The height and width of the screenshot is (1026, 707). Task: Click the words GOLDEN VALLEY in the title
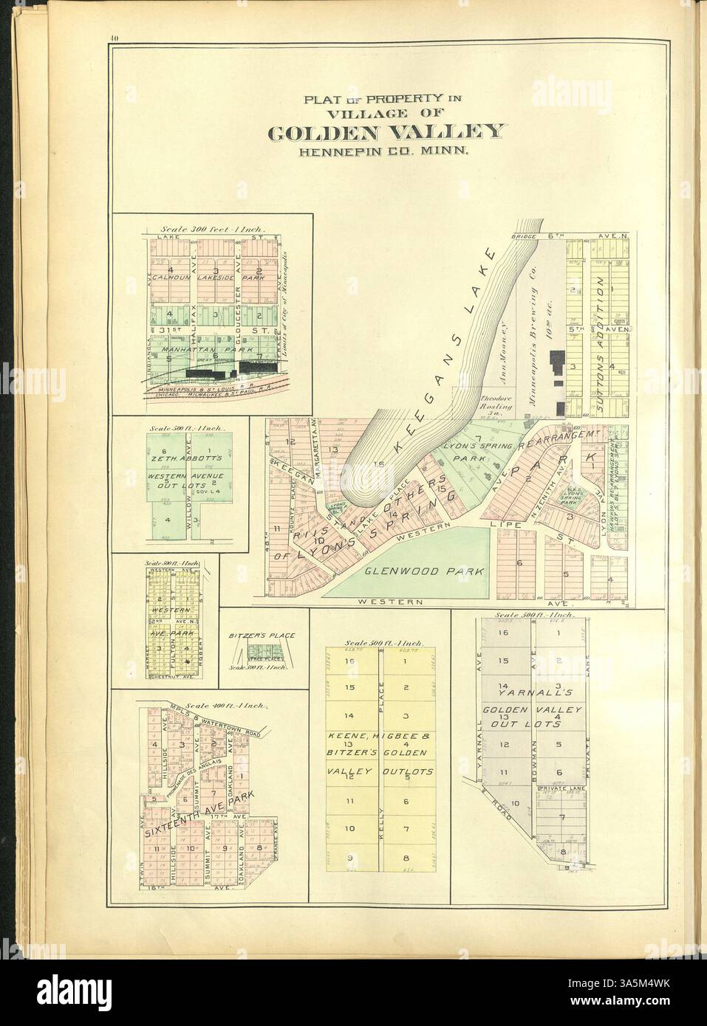click(x=388, y=133)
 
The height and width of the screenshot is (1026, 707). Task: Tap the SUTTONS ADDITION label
click(x=601, y=325)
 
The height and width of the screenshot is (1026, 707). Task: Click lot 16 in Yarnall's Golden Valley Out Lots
click(x=504, y=633)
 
